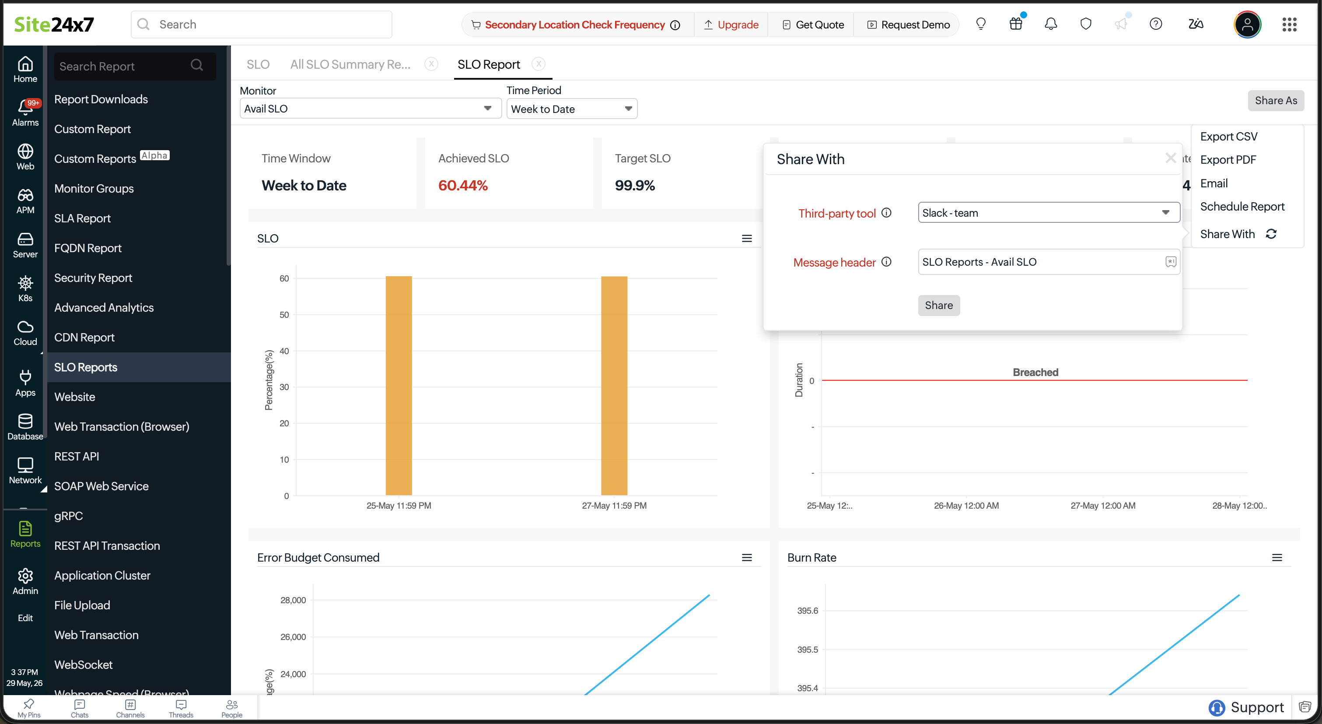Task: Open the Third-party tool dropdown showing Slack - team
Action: (x=1049, y=213)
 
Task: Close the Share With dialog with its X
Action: (x=1170, y=158)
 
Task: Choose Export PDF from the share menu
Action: (x=1228, y=160)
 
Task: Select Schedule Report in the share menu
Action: (x=1242, y=207)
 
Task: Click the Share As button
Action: (x=1276, y=101)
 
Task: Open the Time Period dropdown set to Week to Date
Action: (x=572, y=109)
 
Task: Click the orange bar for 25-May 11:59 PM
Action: (x=399, y=386)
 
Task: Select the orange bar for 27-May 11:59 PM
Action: (x=614, y=386)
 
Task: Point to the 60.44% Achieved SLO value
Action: (x=463, y=185)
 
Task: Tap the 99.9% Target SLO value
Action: (x=635, y=185)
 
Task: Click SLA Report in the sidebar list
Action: (x=83, y=218)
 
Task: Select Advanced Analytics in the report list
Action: (x=104, y=308)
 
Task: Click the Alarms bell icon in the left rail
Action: (x=25, y=106)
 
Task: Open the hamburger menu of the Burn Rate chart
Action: (x=1277, y=558)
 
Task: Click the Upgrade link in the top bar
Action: (x=731, y=25)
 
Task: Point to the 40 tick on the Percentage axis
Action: (x=284, y=351)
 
